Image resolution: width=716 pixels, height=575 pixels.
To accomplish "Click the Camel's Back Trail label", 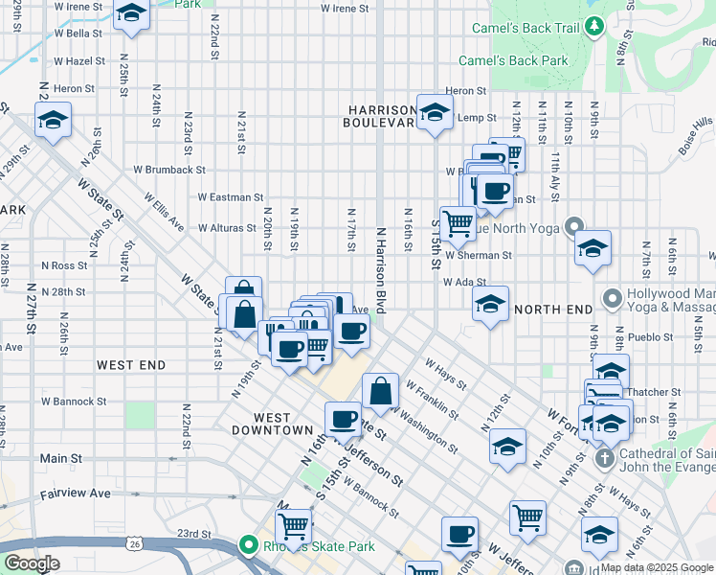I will click(x=525, y=28).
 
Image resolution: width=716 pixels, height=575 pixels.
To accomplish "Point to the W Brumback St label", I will click(x=168, y=170).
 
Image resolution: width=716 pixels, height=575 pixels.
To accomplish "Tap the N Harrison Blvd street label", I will click(x=380, y=271).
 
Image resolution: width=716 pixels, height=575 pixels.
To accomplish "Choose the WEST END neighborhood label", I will click(x=131, y=365).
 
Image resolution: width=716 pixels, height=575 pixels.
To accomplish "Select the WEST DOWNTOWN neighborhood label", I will click(x=272, y=424).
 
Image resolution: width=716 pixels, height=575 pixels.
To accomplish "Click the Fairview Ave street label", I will click(x=75, y=494).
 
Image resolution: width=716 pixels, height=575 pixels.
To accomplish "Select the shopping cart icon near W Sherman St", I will click(x=459, y=223).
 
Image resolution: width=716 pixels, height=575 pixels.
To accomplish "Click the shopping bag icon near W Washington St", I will click(x=381, y=390).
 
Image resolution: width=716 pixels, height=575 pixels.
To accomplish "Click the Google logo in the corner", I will click(x=32, y=563).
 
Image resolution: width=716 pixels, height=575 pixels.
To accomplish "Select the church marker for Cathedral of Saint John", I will click(x=604, y=458).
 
